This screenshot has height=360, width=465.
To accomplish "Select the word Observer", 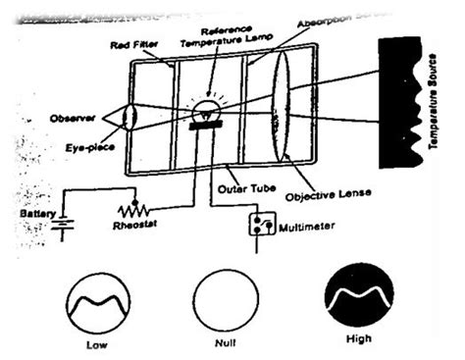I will tap(71, 118).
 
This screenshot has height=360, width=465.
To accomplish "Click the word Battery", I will tap(26, 212).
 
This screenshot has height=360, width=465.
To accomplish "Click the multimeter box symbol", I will tap(260, 225).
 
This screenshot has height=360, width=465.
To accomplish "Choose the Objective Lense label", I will tap(326, 195).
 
